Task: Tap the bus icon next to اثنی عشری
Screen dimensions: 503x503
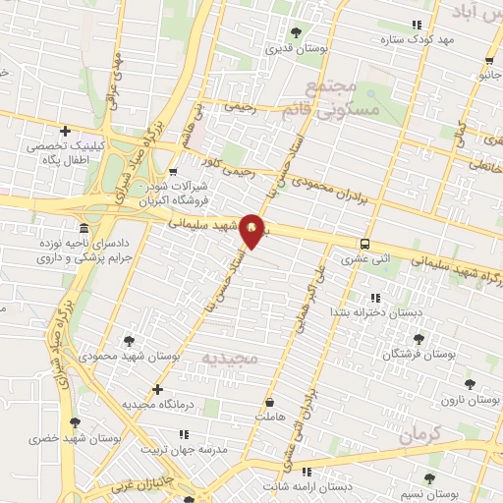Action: [x=365, y=244]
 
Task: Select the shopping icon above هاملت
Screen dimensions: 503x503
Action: [x=269, y=402]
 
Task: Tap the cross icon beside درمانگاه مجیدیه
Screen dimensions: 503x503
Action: [x=157, y=389]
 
